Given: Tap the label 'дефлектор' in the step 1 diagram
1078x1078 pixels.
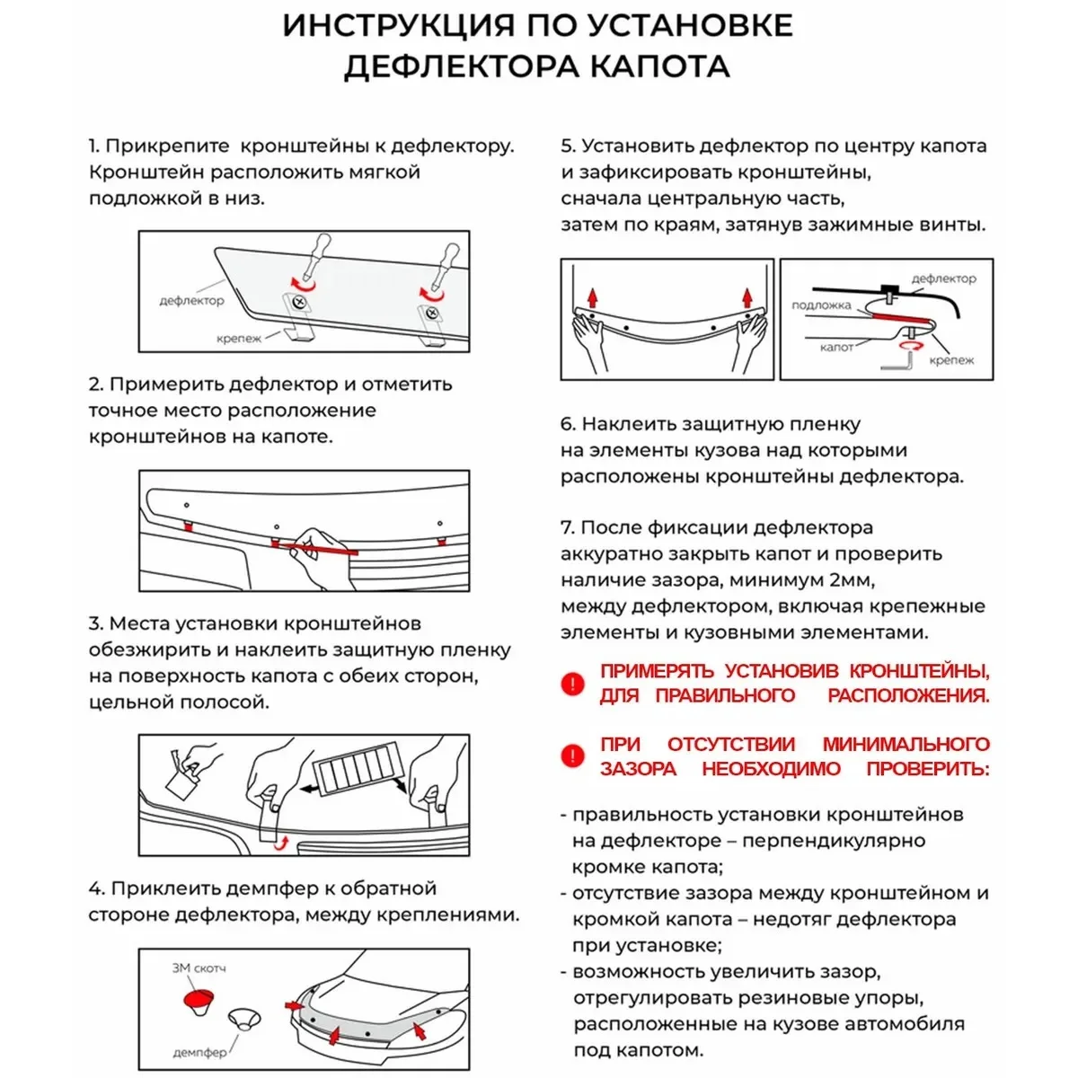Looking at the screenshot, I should point(191,301).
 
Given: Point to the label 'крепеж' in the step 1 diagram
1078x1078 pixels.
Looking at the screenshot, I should point(238,339).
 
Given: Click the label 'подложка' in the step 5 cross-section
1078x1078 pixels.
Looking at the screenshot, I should point(821,305).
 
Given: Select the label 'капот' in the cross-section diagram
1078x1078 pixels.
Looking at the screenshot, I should point(836,347).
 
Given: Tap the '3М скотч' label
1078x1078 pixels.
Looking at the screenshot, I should point(199,968).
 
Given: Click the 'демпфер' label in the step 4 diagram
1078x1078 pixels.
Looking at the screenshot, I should point(199,1052).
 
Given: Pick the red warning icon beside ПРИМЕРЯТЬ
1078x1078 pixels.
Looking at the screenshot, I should point(572,684).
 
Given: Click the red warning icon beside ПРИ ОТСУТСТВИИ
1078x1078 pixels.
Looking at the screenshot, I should point(572,756).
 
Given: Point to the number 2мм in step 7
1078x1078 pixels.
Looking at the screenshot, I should point(848,580).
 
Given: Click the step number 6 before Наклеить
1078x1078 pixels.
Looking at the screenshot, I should point(567,424).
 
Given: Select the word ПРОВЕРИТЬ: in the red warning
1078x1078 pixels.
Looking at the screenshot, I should point(928,769).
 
